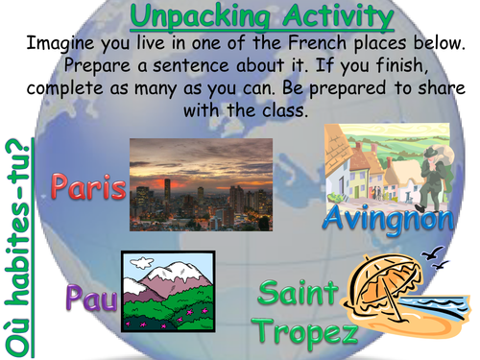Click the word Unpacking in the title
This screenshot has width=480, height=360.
coord(187,16)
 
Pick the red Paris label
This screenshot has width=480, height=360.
coord(89,187)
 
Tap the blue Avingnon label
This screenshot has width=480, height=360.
coord(387,219)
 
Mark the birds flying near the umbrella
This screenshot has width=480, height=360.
coord(438,253)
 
